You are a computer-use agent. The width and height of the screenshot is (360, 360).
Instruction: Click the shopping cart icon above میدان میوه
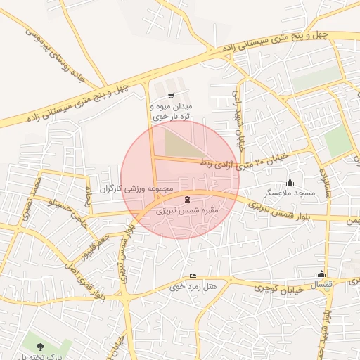tap(171, 95)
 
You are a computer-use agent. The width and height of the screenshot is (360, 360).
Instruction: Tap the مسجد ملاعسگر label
tap(289, 193)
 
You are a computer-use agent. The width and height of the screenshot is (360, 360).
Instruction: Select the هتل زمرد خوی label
tap(192, 287)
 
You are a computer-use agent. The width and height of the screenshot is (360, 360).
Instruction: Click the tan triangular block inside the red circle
tap(180, 143)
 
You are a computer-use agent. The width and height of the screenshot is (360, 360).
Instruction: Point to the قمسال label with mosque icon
tap(318, 284)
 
